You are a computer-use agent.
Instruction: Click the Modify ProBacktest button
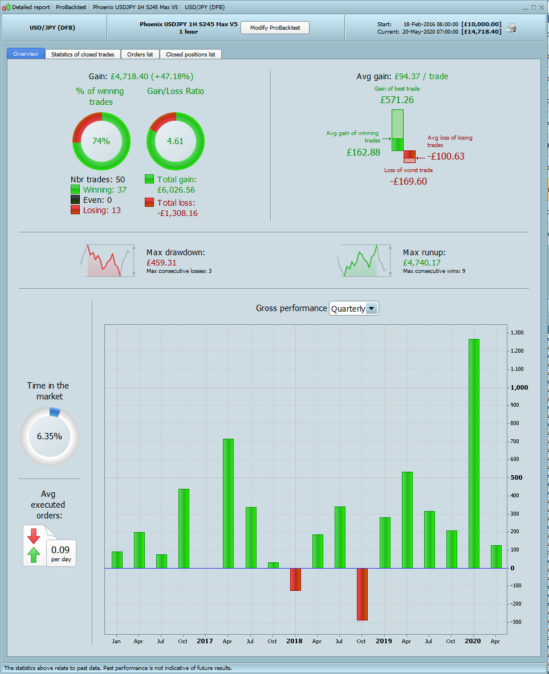tap(275, 27)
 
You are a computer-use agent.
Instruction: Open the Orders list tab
tap(140, 54)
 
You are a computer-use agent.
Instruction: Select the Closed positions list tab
tap(190, 54)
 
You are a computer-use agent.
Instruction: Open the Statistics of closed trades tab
tap(83, 54)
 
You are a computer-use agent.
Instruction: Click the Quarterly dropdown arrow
tap(371, 308)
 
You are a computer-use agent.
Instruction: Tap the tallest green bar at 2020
tap(474, 453)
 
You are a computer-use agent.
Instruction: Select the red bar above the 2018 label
tap(295, 579)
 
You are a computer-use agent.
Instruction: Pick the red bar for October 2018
tap(362, 594)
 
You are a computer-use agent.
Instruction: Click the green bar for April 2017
tap(228, 503)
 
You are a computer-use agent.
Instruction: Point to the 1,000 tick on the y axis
tap(519, 387)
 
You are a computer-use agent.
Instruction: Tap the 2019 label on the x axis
tap(384, 641)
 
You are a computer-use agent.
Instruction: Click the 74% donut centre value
tap(101, 141)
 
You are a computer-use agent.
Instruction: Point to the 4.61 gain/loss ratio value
tap(175, 141)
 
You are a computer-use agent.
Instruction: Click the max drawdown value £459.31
tap(161, 263)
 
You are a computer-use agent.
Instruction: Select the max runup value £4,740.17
tap(421, 263)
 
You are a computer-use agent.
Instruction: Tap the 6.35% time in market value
tap(50, 436)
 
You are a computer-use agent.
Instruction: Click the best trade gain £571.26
tap(397, 100)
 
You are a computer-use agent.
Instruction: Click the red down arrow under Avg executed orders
tap(34, 536)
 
